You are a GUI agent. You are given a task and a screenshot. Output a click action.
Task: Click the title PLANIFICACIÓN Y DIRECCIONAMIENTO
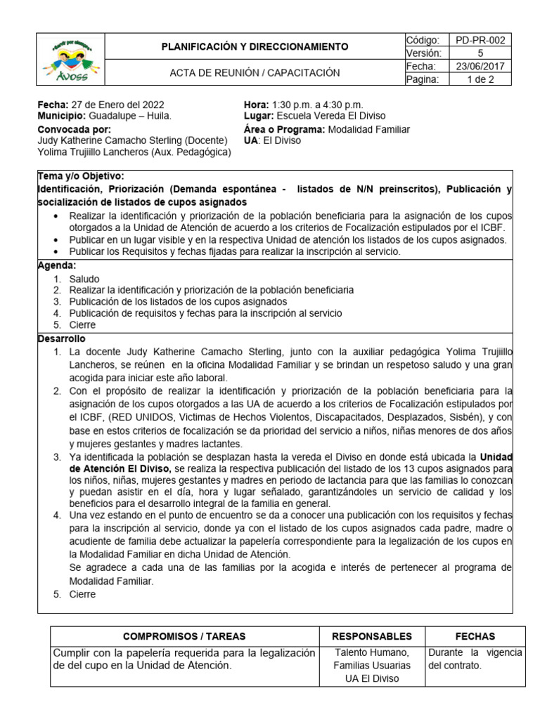[x=255, y=47]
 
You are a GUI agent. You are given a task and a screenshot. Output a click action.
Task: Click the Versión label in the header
[x=423, y=53]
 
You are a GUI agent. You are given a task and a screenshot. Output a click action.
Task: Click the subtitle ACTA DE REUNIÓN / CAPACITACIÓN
[x=255, y=72]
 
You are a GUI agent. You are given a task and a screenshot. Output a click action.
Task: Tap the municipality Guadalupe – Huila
[x=129, y=115]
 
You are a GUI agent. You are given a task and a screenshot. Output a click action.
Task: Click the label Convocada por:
[x=74, y=129]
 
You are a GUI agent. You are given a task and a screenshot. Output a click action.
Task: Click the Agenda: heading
[x=56, y=266]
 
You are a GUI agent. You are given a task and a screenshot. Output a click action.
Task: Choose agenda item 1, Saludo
[x=84, y=279]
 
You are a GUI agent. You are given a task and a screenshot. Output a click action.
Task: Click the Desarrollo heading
[x=60, y=338]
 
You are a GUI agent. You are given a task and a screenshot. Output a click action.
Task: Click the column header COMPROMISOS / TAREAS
[x=184, y=636]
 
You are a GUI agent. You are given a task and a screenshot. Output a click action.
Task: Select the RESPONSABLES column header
[x=372, y=636]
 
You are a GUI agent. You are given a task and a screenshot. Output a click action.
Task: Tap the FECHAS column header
[x=475, y=636]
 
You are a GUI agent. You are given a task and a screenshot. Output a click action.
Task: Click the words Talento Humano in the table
[x=372, y=653]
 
